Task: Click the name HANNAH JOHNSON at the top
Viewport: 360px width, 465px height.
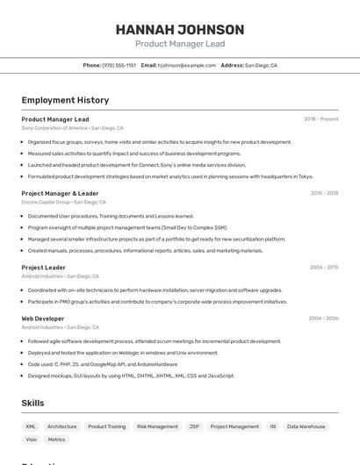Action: tap(180, 29)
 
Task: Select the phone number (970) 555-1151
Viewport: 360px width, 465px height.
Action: tap(119, 65)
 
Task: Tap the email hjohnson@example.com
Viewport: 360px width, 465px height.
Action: tap(186, 65)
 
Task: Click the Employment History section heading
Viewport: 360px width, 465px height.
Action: tap(65, 100)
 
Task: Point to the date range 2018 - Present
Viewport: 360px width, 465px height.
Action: tap(321, 118)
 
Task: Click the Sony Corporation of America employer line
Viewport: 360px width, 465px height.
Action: tap(73, 128)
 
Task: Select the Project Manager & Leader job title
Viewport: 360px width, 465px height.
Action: tap(60, 193)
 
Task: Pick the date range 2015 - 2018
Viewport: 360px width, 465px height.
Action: tap(324, 193)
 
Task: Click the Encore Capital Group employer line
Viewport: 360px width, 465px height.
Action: tap(63, 203)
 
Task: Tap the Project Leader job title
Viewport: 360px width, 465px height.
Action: tap(43, 268)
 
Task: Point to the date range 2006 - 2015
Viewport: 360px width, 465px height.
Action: tap(324, 268)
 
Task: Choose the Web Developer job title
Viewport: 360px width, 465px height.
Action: tap(43, 318)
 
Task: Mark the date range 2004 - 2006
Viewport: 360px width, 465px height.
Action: tap(324, 318)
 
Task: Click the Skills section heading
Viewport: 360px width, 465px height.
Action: tap(32, 403)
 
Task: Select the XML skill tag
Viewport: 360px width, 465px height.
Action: tap(31, 426)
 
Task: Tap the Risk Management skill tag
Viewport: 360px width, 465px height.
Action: tap(157, 426)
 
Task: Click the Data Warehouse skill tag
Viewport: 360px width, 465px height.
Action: tap(306, 426)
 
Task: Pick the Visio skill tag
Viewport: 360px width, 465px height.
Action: tap(32, 440)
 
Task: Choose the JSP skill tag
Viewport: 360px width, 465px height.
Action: tap(194, 426)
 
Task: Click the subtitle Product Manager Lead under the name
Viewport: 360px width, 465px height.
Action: tap(180, 44)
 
